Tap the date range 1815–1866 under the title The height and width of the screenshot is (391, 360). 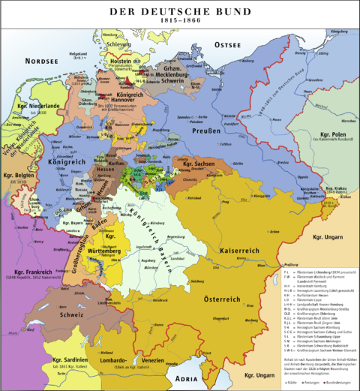tap(179, 23)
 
